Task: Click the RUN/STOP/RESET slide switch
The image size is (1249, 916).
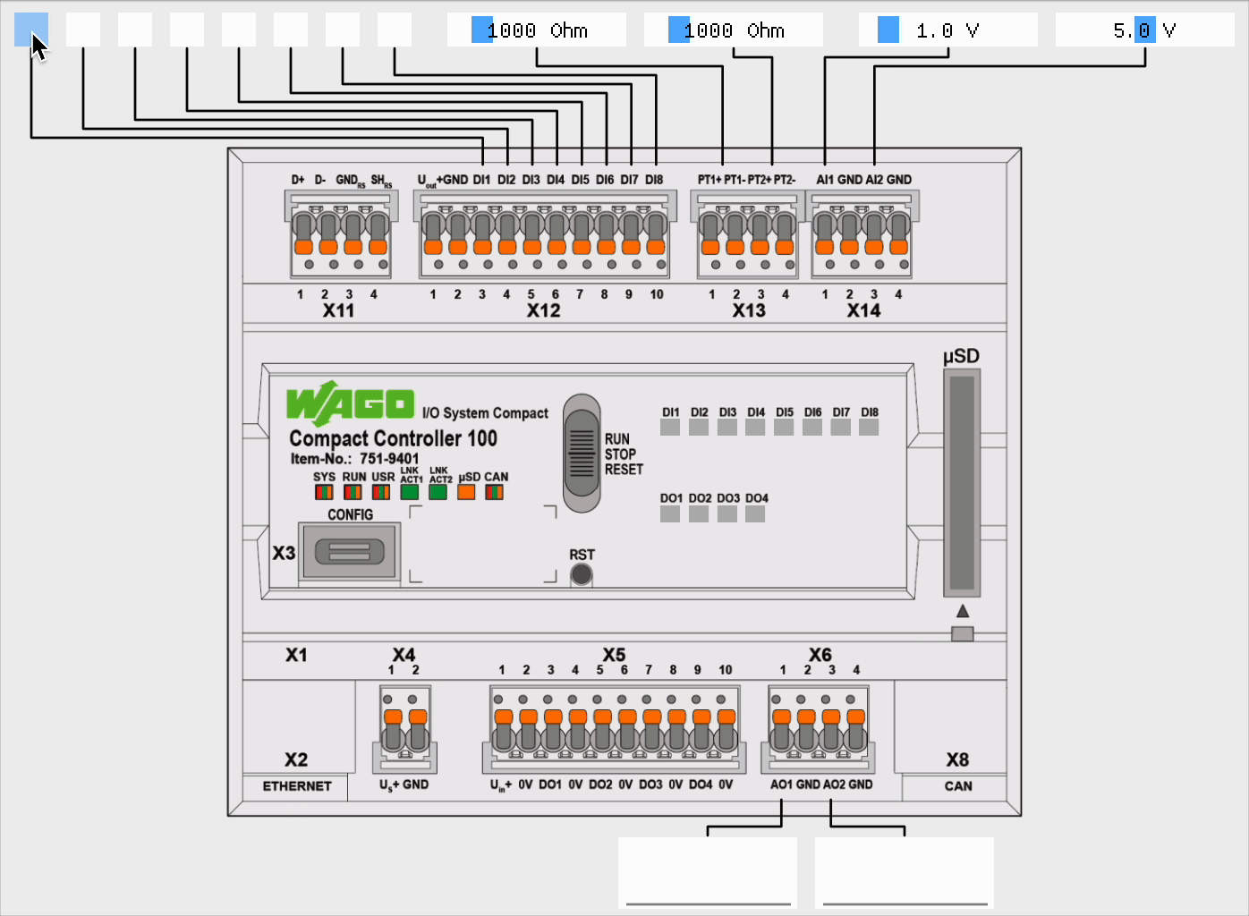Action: [x=582, y=453]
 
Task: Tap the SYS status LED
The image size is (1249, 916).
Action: [x=324, y=492]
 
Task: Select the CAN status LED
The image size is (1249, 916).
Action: [x=494, y=492]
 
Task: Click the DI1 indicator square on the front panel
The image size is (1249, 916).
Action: [x=670, y=427]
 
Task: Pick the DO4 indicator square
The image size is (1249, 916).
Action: [x=755, y=513]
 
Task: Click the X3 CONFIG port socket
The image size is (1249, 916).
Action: [x=349, y=551]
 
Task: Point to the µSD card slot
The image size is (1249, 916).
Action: [x=962, y=483]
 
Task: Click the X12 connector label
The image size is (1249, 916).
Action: [x=543, y=310]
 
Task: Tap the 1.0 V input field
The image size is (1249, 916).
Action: [x=947, y=30]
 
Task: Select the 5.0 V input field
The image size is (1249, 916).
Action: [x=1144, y=30]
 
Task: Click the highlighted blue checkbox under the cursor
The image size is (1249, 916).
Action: [x=31, y=30]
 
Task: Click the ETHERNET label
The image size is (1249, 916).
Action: [x=297, y=786]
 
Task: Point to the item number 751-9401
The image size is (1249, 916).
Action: [x=389, y=459]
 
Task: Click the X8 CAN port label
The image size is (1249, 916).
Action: [x=957, y=760]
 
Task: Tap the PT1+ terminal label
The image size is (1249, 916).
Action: [x=709, y=180]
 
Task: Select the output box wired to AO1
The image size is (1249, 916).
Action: [x=707, y=872]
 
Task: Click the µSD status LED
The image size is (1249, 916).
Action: [x=466, y=492]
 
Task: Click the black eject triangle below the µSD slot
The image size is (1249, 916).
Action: [x=963, y=611]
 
